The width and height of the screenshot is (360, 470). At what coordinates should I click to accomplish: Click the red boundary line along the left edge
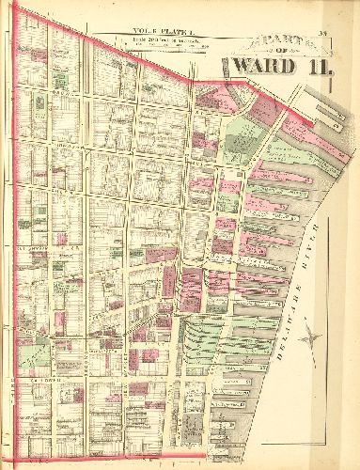(x=15, y=235)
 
